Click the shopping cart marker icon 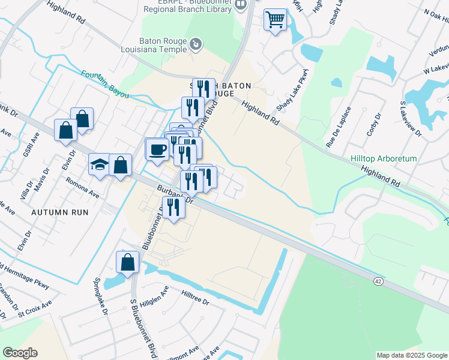[275, 20]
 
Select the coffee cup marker [157, 149]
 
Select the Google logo [20, 353]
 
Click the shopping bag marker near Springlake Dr [127, 262]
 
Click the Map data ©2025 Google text [412, 355]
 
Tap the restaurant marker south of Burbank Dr [173, 207]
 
